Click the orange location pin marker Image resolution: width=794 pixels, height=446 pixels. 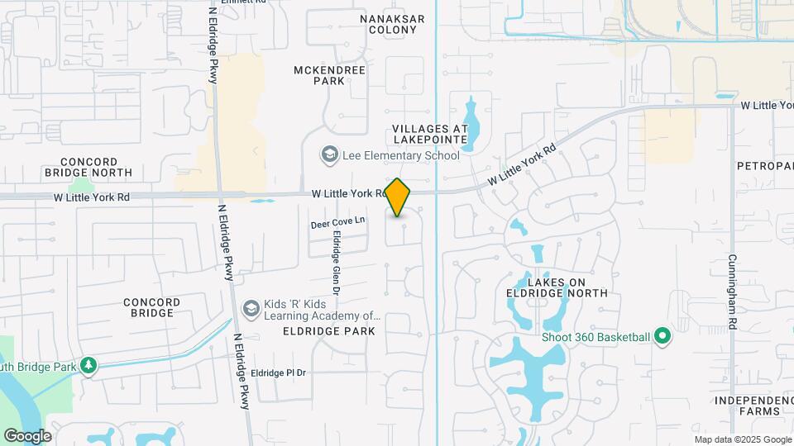(398, 197)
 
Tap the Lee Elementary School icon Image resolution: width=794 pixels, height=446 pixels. (329, 155)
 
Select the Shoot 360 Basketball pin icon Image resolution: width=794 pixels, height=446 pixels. (661, 336)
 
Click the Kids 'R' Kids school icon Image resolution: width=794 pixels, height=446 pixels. (251, 309)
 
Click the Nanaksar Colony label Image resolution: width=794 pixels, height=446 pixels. (387, 23)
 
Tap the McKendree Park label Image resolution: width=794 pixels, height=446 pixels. (329, 75)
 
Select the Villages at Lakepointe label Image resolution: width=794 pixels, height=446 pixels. (430, 135)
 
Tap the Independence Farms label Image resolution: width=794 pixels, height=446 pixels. (749, 406)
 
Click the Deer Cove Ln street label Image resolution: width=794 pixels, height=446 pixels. (337, 222)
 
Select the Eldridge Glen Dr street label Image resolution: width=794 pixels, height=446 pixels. (337, 261)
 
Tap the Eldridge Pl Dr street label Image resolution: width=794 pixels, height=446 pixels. (279, 373)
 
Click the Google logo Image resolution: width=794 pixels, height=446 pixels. (27, 435)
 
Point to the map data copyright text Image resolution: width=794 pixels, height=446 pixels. (742, 439)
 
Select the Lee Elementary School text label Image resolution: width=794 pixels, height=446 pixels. (401, 155)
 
